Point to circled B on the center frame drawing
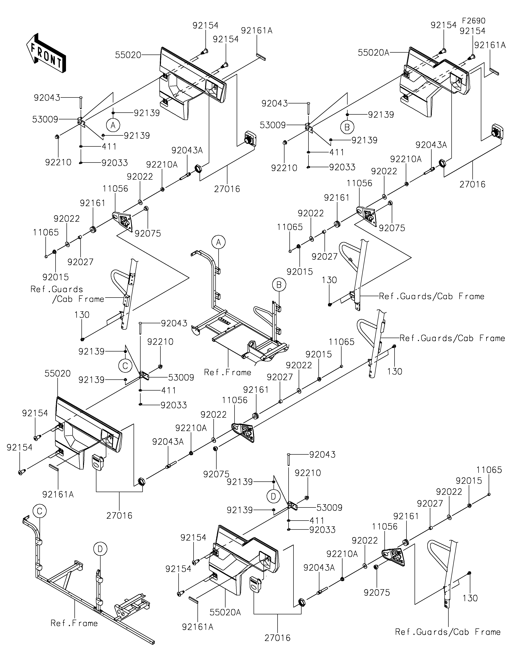click(x=279, y=285)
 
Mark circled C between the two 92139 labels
click(x=125, y=366)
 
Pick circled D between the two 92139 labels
click(x=273, y=496)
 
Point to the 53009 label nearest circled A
click(x=45, y=120)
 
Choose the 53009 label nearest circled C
click(x=181, y=377)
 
